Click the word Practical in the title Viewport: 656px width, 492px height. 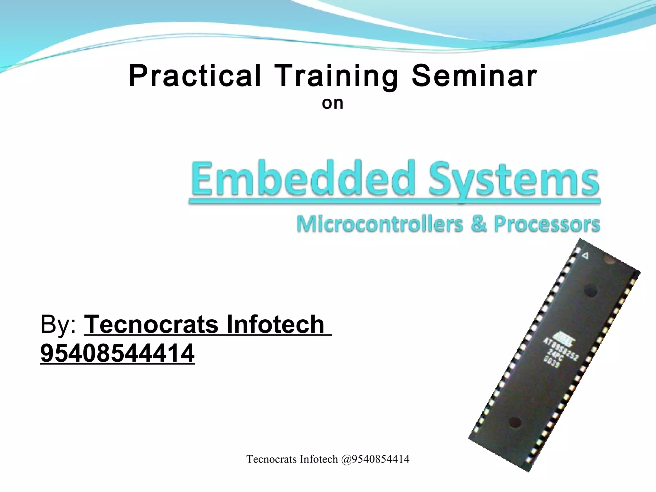(195, 76)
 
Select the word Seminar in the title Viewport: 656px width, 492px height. (474, 76)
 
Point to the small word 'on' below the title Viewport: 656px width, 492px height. (332, 103)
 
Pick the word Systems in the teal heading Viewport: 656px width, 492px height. (514, 179)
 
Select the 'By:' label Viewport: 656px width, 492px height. (58, 324)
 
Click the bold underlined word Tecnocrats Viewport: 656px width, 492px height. (152, 324)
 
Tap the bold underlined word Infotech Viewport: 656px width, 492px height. (275, 324)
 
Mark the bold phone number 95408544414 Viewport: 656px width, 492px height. (117, 353)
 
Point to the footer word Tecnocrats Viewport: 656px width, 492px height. (272, 459)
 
